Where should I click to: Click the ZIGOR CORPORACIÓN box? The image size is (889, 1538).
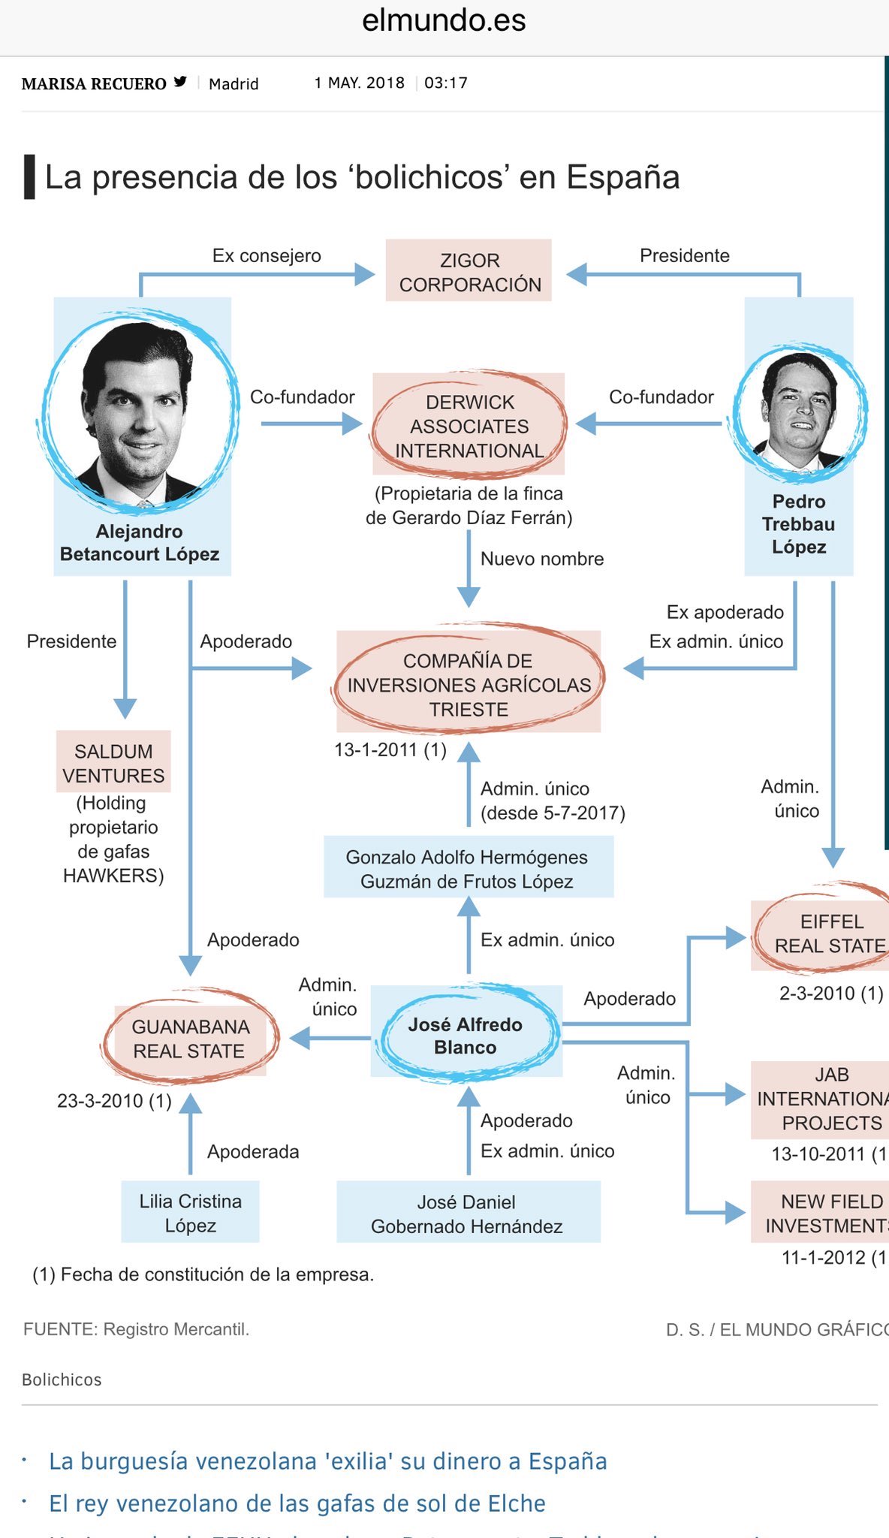point(469,271)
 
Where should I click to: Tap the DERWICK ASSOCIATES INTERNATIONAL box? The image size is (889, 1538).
point(469,425)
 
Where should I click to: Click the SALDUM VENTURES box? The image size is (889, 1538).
point(113,762)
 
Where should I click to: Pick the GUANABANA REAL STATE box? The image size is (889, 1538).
point(189,1039)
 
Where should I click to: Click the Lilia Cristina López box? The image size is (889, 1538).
point(191,1212)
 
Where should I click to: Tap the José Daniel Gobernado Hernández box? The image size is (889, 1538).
point(467,1213)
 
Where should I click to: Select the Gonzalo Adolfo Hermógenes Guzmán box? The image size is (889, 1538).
point(468,869)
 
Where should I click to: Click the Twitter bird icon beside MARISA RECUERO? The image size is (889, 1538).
point(180,82)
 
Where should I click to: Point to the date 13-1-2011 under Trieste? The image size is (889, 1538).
point(390,749)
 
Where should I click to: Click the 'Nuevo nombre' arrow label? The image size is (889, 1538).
point(542,559)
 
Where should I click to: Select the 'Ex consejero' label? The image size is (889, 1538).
point(267,255)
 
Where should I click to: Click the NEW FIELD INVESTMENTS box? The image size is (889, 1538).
point(823,1213)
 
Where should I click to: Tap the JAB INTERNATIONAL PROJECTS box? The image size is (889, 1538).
point(823,1099)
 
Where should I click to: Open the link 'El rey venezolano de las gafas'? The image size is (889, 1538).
point(297,1503)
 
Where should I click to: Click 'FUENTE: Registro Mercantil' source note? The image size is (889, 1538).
point(136,1329)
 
